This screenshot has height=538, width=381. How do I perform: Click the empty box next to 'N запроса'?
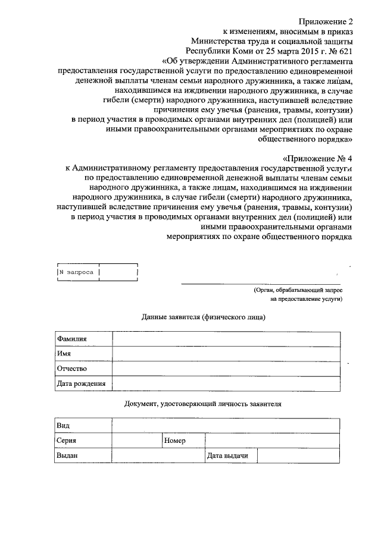(x=118, y=272)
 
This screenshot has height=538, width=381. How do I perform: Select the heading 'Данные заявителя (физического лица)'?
(x=203, y=317)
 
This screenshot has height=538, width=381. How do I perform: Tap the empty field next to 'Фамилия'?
(x=227, y=339)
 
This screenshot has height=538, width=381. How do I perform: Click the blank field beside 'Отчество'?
(x=227, y=369)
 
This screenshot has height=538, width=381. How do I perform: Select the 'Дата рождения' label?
(x=83, y=383)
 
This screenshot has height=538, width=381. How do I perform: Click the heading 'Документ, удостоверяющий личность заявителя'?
(x=203, y=404)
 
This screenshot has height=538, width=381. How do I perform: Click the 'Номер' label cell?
(x=182, y=441)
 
